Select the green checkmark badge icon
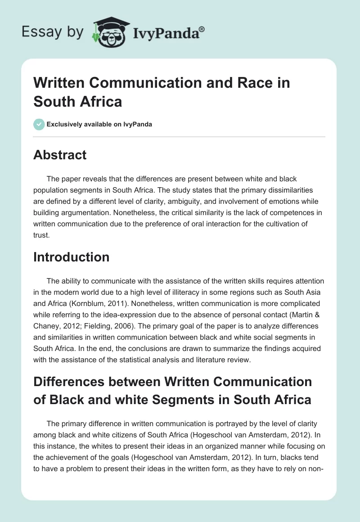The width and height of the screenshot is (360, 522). point(39,124)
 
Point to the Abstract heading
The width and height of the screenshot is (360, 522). point(60,155)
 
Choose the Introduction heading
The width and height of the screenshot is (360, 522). point(72,257)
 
